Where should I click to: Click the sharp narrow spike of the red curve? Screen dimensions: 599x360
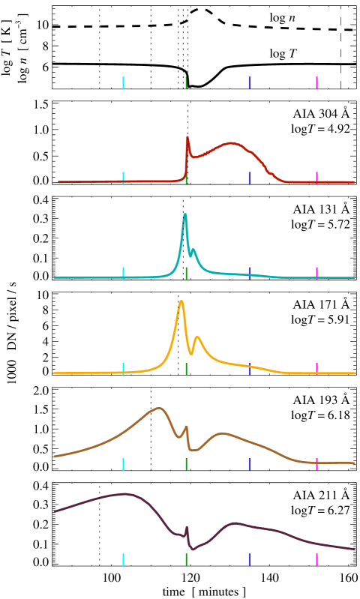pos(187,138)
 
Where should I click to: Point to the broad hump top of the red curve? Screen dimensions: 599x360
pos(231,142)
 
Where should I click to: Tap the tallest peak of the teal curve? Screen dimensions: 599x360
pos(185,215)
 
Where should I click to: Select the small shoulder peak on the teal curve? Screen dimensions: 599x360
pos(193,250)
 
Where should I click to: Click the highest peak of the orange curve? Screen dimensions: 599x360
pos(181,301)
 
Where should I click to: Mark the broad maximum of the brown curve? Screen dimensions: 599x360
pos(158,409)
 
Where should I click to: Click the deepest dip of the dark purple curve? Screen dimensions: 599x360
pos(193,550)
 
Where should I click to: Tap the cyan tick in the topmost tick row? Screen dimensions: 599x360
pos(123,82)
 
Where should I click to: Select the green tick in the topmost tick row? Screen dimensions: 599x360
pos(186,82)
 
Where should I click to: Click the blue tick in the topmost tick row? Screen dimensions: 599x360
pos(249,82)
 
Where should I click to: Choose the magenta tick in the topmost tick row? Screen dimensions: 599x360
pos(316,82)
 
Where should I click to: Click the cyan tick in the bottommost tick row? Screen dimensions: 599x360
pos(123,559)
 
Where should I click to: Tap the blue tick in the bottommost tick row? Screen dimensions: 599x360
pos(249,559)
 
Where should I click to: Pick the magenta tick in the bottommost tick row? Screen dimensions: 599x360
pos(316,559)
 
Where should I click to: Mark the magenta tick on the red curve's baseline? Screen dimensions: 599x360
pos(316,178)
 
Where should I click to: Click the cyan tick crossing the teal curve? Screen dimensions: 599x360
pos(123,273)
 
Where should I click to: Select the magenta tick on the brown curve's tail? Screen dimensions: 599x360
pos(316,464)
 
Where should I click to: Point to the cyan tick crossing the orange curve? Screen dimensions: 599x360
pos(123,368)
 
